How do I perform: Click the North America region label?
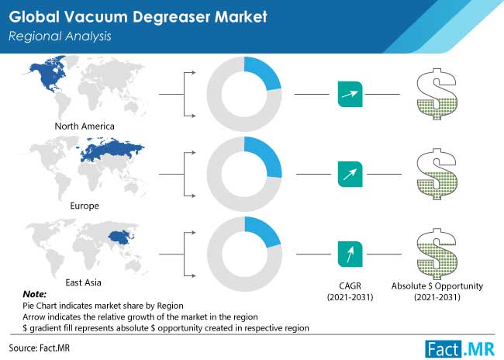(x=85, y=126)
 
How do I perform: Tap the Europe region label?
(x=85, y=206)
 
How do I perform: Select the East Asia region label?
(x=83, y=282)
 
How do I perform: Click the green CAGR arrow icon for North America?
(x=350, y=94)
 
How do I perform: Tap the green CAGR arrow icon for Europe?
(x=350, y=174)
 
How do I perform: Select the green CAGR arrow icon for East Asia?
(x=350, y=254)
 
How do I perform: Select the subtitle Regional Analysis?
(x=60, y=36)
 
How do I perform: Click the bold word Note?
(x=34, y=294)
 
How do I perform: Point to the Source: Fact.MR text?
(x=40, y=348)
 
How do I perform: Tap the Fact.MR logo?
(x=460, y=349)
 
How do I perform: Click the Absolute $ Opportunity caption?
(x=437, y=286)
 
